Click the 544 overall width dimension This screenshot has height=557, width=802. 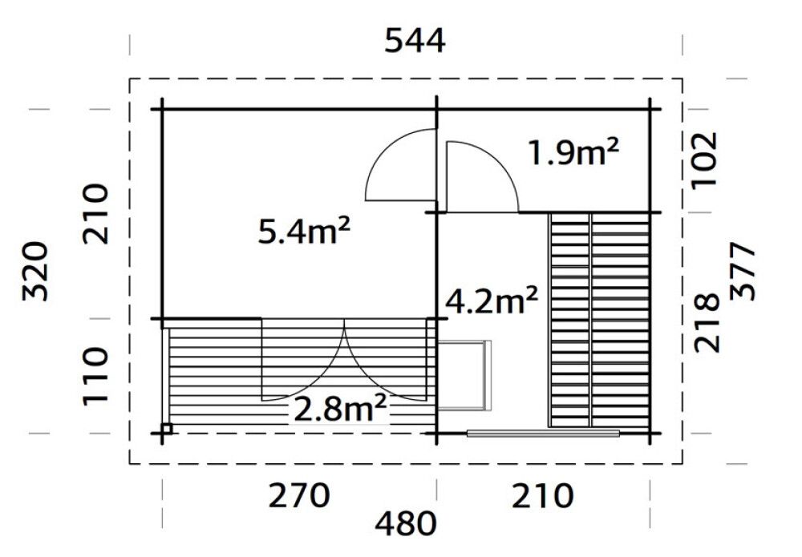[x=415, y=40]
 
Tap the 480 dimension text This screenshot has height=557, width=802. [x=406, y=524]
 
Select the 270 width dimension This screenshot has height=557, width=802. [x=298, y=496]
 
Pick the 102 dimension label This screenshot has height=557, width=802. [x=705, y=159]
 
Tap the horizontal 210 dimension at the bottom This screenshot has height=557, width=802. [x=544, y=496]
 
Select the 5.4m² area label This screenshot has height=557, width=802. [x=304, y=232]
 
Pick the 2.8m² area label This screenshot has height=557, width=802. [x=341, y=410]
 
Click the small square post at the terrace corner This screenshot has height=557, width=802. [x=166, y=429]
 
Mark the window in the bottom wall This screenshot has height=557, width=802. [x=543, y=434]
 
